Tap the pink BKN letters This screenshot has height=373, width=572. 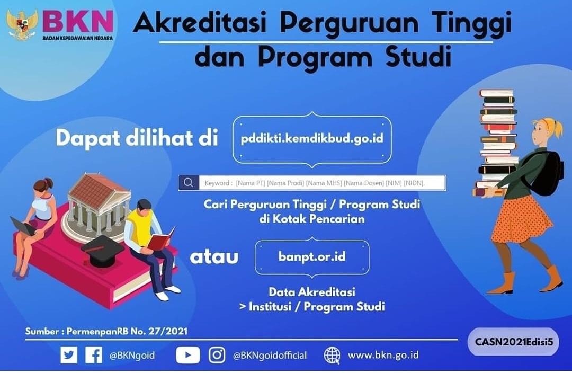[x=77, y=22]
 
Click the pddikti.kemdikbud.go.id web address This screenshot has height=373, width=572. [x=312, y=139]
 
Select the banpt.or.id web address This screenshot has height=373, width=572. [x=312, y=256]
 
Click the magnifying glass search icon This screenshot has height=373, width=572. [x=188, y=183]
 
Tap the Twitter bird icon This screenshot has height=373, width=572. [x=69, y=354]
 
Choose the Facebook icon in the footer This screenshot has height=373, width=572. [x=94, y=354]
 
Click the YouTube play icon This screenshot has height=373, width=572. [x=188, y=354]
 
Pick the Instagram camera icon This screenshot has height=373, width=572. [x=217, y=354]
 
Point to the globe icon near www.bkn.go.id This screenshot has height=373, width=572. [x=332, y=354]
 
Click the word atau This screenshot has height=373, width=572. [x=214, y=257]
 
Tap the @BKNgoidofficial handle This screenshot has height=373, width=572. [x=270, y=355]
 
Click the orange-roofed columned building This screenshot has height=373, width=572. [x=99, y=204]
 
